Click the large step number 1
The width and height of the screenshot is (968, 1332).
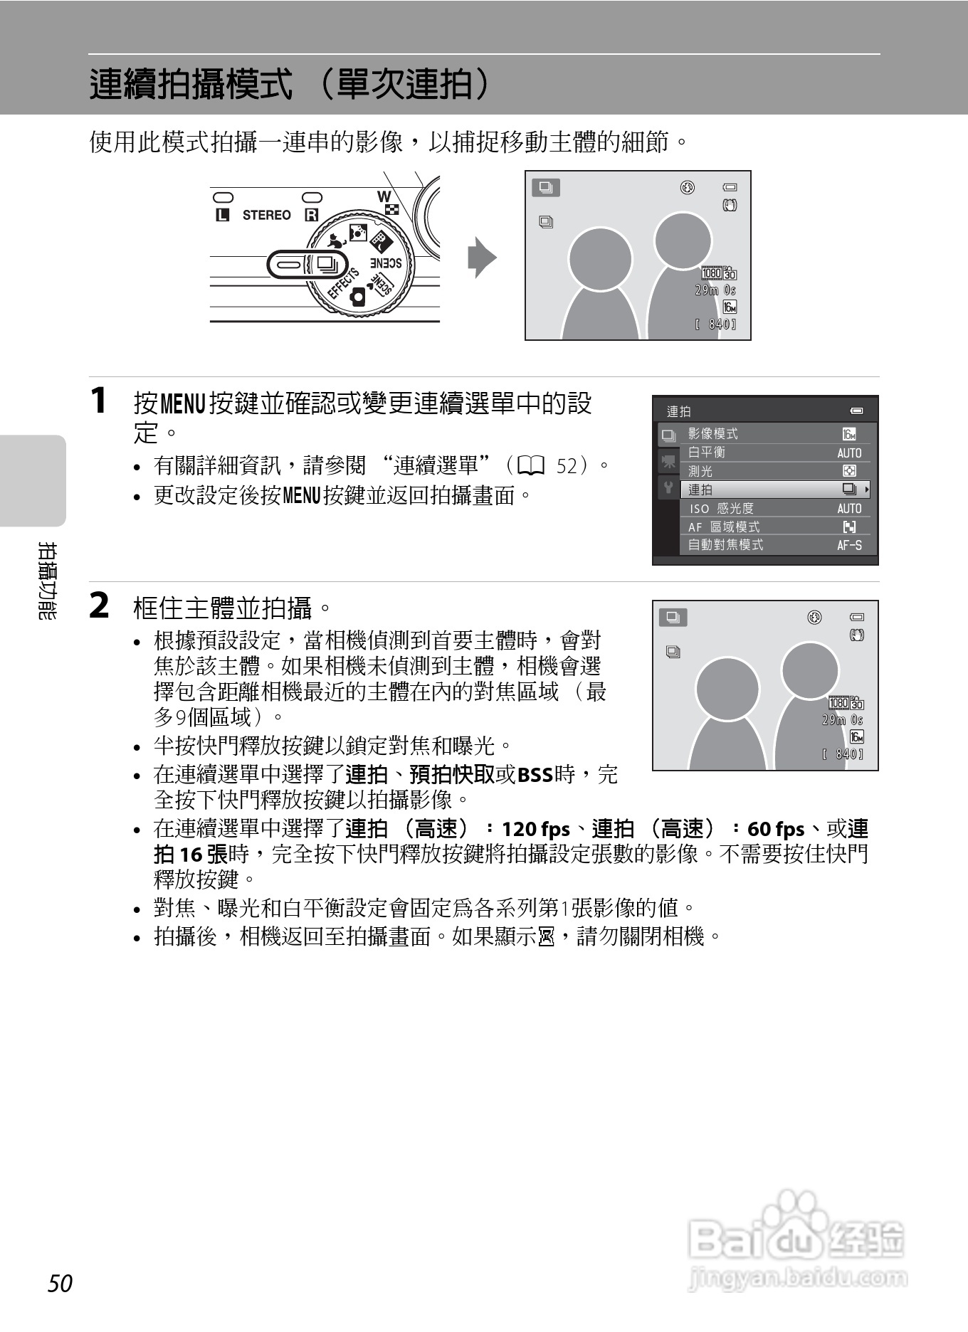99,401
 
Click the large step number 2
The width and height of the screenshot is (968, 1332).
100,606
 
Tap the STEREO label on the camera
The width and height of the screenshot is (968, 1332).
266,215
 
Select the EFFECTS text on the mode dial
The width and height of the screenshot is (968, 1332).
342,284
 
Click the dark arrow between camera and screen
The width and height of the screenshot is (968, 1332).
482,257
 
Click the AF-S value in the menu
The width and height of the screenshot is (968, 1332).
849,546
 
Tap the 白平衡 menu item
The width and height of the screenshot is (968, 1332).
707,453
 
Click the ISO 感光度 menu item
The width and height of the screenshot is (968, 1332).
721,509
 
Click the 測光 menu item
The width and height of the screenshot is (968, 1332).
700,471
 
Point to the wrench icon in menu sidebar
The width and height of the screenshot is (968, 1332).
668,488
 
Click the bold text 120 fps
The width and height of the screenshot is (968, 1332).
536,830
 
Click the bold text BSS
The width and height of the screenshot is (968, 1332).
535,774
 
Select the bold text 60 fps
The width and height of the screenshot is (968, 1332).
776,830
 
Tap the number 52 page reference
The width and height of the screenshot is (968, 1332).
567,467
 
